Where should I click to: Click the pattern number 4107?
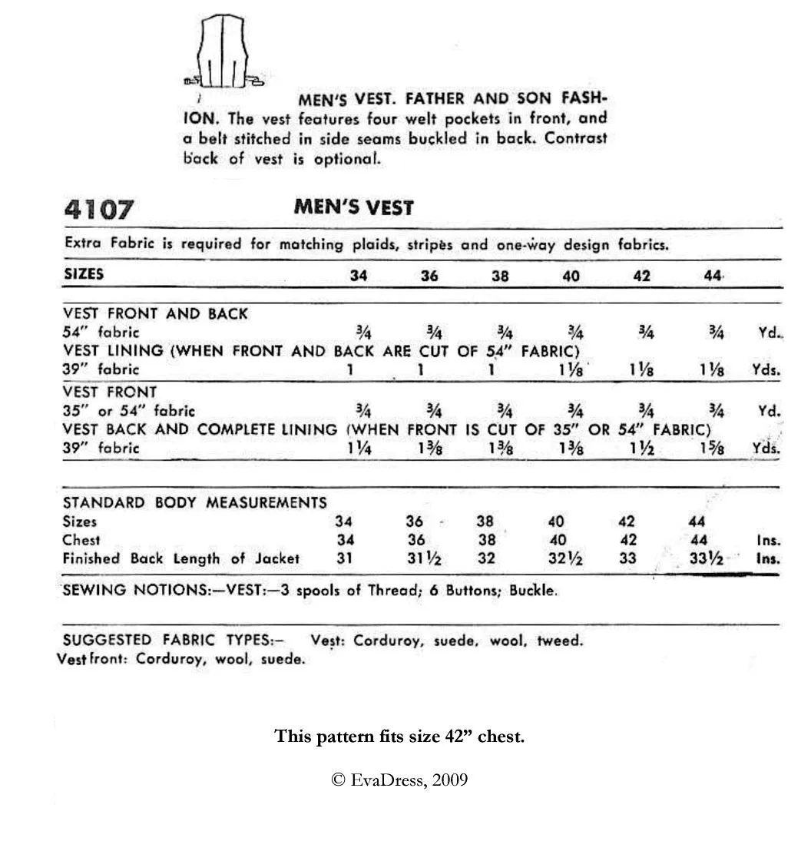(99, 209)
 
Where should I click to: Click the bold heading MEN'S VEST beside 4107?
(353, 207)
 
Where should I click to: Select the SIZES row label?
(84, 274)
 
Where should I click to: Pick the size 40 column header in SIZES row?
(571, 276)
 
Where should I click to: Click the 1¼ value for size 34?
(359, 449)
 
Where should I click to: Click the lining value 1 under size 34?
(350, 369)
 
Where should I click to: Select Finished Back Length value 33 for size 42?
(627, 558)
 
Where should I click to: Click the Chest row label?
(81, 540)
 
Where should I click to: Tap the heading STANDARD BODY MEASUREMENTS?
(194, 503)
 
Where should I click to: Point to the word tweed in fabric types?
(559, 641)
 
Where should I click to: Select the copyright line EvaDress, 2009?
(399, 780)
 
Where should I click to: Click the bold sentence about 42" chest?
(399, 737)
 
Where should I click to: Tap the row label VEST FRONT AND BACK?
(155, 313)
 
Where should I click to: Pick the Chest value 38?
(485, 540)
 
